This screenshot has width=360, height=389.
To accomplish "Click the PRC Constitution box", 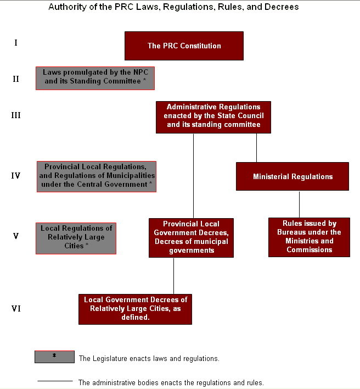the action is (x=184, y=46).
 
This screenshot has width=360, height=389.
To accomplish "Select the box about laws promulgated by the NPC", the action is (x=95, y=78).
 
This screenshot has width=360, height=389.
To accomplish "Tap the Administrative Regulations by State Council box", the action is (x=213, y=117).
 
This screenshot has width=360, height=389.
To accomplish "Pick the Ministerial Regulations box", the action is (x=292, y=176).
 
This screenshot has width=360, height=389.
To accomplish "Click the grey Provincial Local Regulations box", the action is (x=97, y=176).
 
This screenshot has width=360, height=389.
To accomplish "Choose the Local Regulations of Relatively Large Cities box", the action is (x=76, y=238).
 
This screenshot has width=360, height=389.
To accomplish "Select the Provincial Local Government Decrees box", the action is (x=191, y=238).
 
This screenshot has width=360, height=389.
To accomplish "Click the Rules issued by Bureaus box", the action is (x=309, y=237).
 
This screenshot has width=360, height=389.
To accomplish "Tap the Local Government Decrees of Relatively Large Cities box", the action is (x=136, y=309).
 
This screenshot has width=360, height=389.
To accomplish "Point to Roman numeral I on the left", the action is (x=16, y=43).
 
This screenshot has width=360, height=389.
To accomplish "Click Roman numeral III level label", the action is (x=16, y=115).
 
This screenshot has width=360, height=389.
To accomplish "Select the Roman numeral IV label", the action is (x=15, y=176).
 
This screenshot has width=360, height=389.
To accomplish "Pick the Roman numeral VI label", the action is (x=16, y=309).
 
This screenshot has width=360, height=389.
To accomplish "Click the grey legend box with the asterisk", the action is (x=54, y=357).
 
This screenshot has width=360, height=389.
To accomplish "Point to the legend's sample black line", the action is (x=55, y=381).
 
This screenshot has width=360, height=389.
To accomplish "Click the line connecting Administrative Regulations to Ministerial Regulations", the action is (x=256, y=148).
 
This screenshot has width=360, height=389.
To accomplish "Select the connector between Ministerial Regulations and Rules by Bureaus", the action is (x=299, y=204).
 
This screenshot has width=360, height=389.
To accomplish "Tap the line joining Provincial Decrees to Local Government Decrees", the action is (x=173, y=276).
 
